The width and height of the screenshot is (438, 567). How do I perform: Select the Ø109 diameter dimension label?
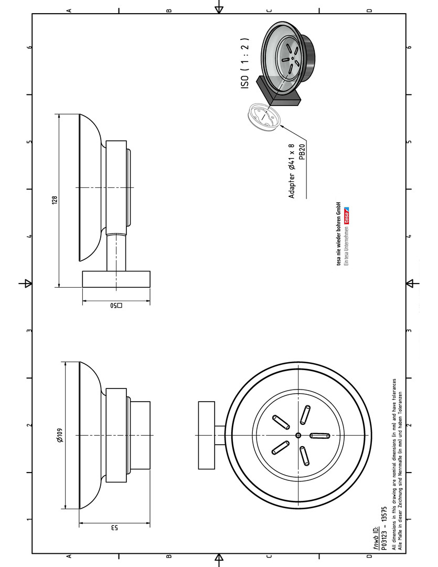click(60, 435)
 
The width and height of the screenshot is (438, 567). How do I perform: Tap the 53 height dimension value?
click(114, 528)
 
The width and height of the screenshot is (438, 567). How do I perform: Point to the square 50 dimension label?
click(116, 305)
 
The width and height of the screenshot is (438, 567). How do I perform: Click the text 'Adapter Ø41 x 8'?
click(292, 171)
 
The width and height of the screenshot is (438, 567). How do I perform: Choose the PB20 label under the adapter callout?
click(302, 152)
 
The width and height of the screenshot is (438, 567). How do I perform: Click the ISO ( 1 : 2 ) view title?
click(244, 64)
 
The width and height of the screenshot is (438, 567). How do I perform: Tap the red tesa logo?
click(347, 215)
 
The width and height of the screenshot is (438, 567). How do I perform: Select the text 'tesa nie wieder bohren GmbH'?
click(339, 233)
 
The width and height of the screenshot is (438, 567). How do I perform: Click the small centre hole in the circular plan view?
click(298, 435)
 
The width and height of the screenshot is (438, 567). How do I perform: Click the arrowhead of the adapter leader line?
click(281, 126)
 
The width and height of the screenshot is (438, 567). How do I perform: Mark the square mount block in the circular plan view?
click(206, 435)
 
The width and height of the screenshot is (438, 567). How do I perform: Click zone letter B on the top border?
click(169, 11)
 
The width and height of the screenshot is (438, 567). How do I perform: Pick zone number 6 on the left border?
click(29, 47)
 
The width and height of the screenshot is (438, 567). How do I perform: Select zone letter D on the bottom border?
click(369, 556)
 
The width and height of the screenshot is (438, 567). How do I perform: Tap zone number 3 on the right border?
click(409, 331)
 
